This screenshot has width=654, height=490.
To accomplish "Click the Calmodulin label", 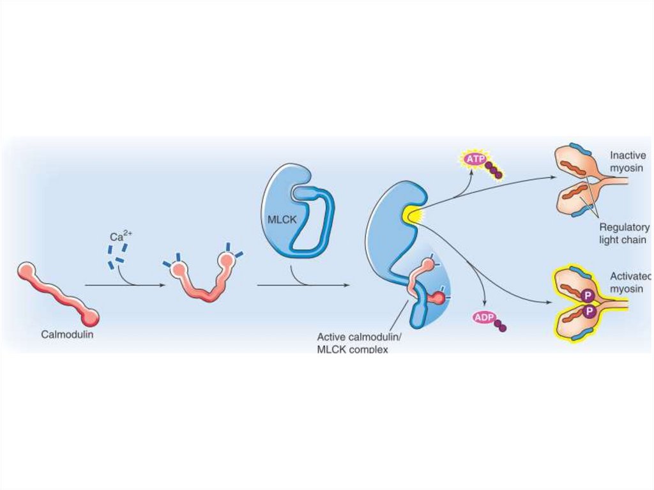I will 68,333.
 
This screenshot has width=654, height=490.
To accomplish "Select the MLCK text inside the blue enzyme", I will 279,220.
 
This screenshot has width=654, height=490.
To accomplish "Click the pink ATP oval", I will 475,158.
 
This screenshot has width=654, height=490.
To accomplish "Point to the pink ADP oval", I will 484,317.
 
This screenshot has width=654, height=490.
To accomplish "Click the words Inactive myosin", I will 628,161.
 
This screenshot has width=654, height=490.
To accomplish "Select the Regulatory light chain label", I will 623,233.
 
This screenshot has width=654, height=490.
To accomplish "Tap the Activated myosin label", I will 630,283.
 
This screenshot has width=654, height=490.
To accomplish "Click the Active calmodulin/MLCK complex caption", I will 352,342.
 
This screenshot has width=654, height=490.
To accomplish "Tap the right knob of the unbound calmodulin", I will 90,315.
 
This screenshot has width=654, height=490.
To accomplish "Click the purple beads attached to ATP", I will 494,169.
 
